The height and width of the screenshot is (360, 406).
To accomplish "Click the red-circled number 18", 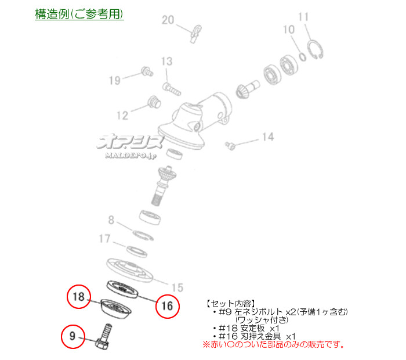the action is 79,297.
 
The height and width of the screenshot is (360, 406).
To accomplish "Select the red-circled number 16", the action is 167,306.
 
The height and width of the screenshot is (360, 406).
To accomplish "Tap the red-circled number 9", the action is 72,336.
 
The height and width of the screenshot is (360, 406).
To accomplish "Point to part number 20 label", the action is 168,20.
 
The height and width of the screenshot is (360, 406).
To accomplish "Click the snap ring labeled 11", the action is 315,49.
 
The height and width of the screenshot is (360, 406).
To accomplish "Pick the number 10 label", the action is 289,30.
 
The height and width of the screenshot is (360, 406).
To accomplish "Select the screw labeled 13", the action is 172,89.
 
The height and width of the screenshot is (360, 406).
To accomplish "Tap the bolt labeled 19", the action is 147,71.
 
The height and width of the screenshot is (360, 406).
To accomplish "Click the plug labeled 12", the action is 154,102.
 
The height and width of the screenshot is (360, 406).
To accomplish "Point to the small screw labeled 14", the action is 230,145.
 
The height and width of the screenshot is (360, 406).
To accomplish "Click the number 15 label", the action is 177,287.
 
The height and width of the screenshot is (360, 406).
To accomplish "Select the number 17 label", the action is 104,239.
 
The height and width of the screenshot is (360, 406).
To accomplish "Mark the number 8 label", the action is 111,220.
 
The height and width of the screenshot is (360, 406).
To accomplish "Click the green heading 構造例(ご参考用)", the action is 79,14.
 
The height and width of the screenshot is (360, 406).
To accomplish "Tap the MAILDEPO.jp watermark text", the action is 130,156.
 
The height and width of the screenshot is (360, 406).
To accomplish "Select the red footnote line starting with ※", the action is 274,344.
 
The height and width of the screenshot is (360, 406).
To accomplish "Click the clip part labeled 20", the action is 195,34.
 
